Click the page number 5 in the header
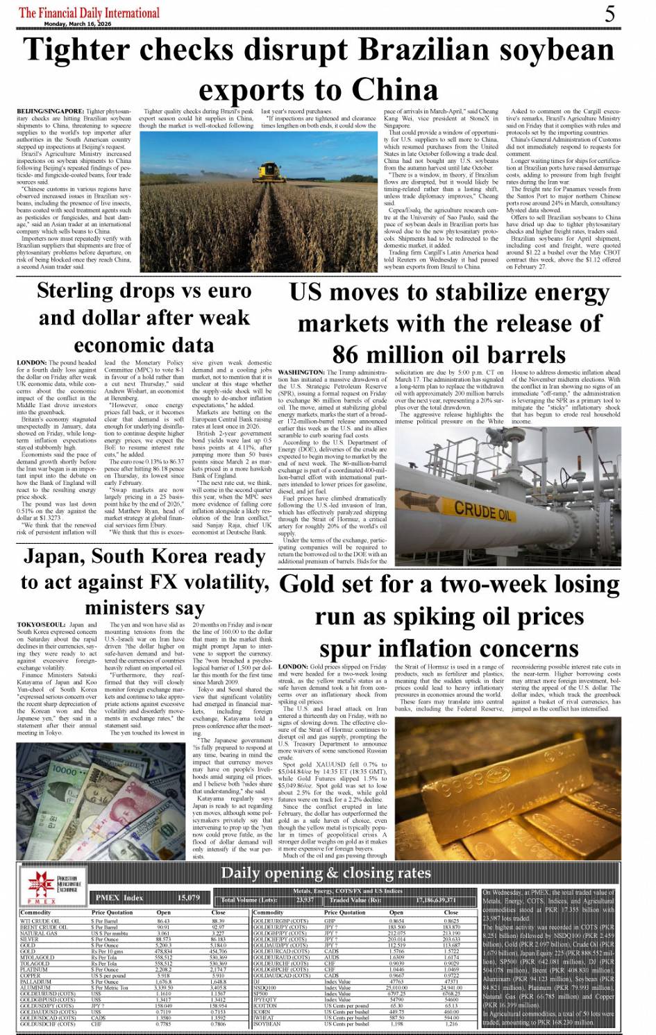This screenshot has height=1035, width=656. click(609, 13)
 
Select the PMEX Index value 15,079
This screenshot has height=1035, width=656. click(189, 898)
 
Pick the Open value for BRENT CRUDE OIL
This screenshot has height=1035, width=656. click(163, 927)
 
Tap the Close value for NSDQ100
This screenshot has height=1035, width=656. click(451, 987)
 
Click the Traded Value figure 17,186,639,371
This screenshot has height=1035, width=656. click(436, 900)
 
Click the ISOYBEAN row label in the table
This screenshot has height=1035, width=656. click(267, 1023)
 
